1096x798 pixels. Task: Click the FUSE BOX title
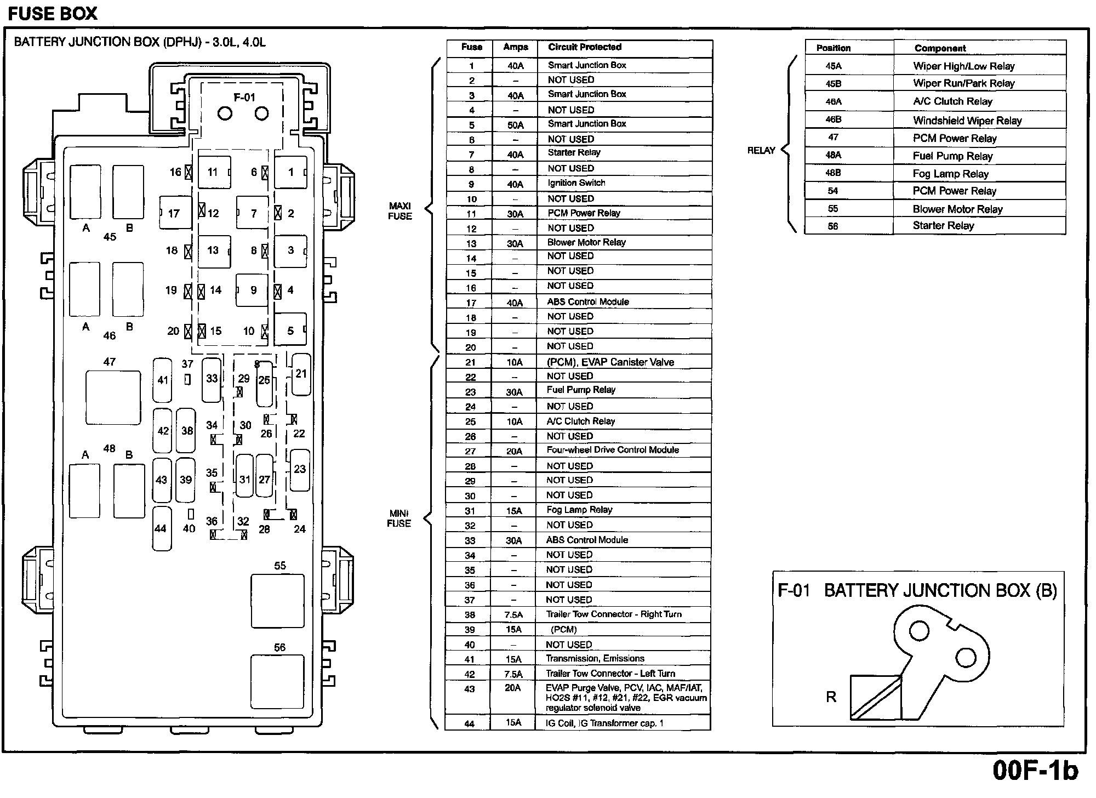coord(53,13)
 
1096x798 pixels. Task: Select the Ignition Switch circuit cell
coord(576,183)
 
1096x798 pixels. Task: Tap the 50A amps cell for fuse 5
coord(515,125)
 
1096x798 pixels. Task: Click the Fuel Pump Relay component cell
coord(952,156)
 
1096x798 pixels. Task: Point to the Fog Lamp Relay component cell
coord(950,174)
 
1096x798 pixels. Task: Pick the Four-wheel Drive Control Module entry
coord(613,450)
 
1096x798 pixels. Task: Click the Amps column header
coord(515,47)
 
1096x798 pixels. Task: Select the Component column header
coord(940,48)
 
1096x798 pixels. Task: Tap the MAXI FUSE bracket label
coord(400,211)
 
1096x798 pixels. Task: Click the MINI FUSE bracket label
coord(399,518)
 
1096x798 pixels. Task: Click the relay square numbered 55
coord(277,601)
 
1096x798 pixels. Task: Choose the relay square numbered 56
coord(277,681)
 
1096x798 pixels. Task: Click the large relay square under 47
coord(113,397)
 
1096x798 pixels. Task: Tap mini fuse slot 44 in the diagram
coord(161,528)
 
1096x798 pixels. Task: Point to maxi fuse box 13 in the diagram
coord(214,250)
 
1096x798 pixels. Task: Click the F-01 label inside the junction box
coord(244,98)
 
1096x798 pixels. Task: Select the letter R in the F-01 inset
coord(831,697)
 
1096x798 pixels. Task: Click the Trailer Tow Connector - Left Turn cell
coord(610,674)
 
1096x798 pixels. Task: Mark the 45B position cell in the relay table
coord(834,84)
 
